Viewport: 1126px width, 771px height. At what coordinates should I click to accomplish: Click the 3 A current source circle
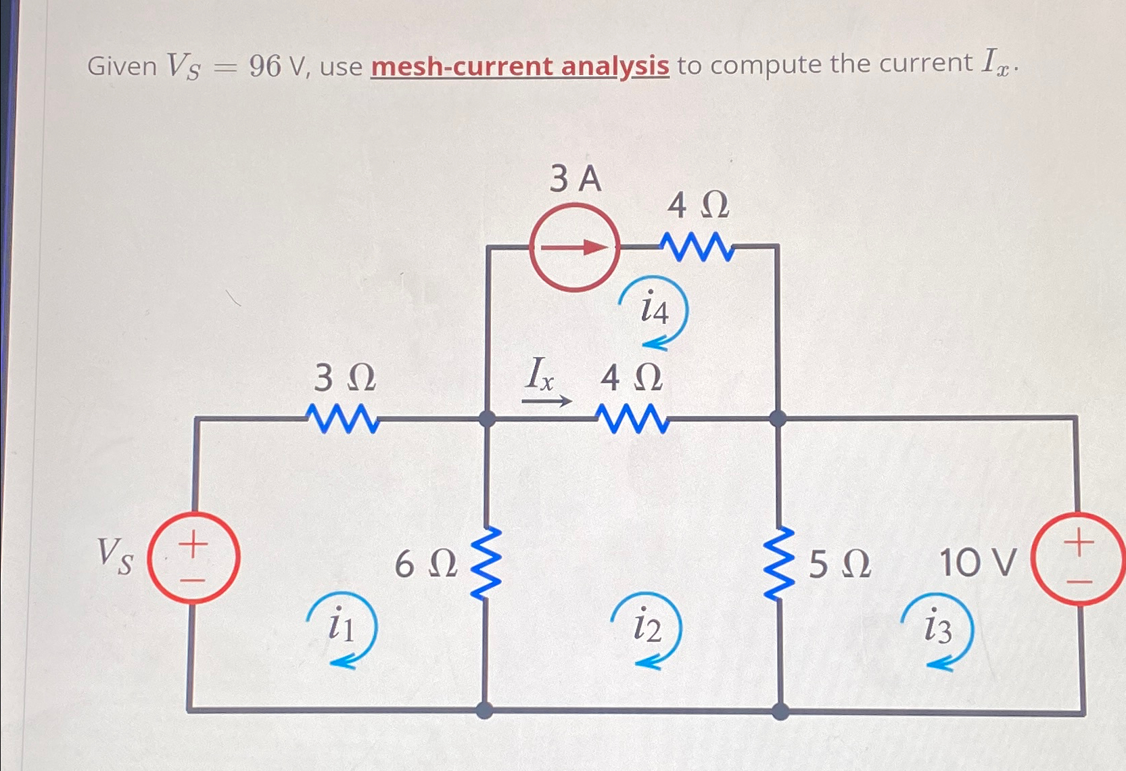574,248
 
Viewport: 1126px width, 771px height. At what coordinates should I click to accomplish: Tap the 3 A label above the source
575,179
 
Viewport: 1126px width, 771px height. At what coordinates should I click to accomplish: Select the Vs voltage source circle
193,557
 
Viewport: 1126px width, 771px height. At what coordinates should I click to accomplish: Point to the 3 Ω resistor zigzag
343,419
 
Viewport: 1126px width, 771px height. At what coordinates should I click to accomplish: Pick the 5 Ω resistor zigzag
778,563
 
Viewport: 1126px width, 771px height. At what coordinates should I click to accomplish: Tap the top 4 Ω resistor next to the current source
697,247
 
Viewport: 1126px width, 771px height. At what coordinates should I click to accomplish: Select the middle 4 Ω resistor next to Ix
633,419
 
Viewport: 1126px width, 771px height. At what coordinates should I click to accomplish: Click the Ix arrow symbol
546,401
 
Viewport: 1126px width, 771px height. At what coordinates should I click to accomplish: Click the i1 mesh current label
341,626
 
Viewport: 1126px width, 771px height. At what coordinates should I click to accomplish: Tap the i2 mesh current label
647,628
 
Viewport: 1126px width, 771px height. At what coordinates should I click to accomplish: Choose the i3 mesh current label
937,629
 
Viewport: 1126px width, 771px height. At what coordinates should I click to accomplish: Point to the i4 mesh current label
653,310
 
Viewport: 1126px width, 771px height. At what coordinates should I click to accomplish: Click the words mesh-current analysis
519,66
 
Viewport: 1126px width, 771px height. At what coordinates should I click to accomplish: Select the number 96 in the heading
264,66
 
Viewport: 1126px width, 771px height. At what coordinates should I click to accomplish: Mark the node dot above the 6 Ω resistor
487,419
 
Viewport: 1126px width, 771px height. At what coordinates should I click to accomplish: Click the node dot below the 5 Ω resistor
780,711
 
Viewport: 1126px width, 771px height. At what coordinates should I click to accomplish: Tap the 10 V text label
978,563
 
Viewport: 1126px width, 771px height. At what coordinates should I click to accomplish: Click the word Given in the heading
122,66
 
